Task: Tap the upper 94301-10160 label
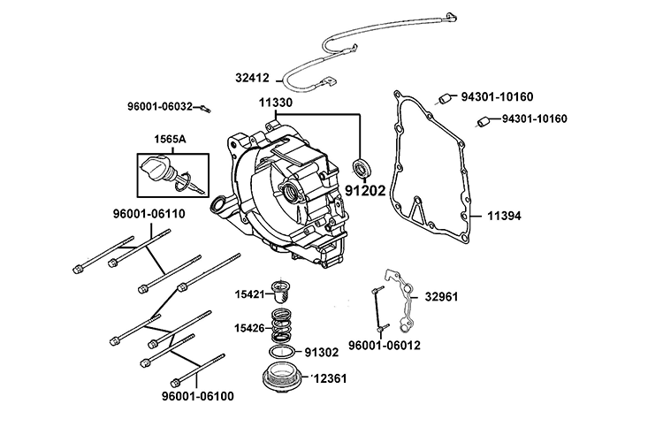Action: coord(498,96)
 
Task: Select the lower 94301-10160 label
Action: coord(535,119)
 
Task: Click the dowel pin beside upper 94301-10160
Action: coord(446,96)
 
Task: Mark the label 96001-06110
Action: coord(124,214)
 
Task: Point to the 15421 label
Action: coord(251,294)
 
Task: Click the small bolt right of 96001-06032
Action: coord(204,109)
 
